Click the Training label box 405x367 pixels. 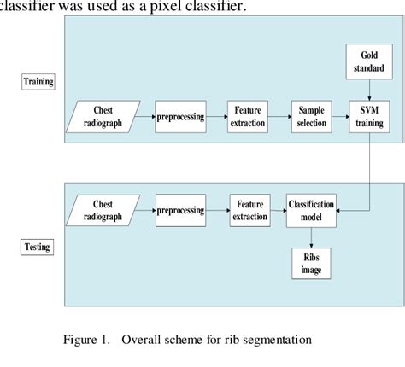[37, 83]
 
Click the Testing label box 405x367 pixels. [37, 248]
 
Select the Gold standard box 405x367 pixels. [368, 61]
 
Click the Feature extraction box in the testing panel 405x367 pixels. [249, 209]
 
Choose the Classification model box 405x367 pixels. [311, 209]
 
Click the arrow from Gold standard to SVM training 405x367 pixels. [368, 88]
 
